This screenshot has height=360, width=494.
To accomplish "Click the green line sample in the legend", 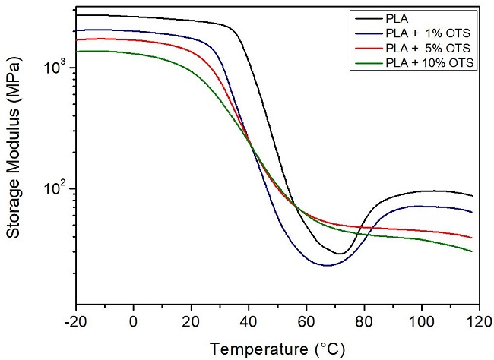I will [x=366, y=63].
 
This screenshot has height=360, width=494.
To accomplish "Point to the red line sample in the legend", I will [x=366, y=48].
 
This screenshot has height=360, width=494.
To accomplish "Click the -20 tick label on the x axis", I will [x=76, y=322].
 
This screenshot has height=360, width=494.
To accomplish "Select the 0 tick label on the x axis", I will [x=134, y=322].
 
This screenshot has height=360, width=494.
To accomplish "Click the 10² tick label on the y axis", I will [x=58, y=188].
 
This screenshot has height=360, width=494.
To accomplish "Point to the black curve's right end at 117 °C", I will [x=472, y=196].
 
